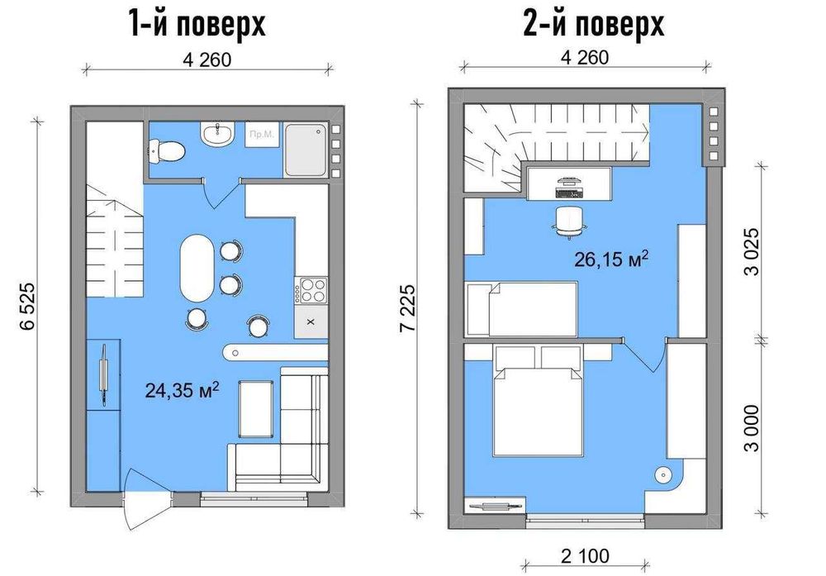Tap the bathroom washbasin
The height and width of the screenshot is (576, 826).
coord(218,134)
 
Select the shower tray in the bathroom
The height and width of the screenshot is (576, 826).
coord(306,150)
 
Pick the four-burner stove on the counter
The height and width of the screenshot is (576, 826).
coord(311,290)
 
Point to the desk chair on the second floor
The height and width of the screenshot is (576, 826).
coord(568,220)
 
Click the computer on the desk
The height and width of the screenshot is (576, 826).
coord(568,185)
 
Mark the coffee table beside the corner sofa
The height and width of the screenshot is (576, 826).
coord(254,408)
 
